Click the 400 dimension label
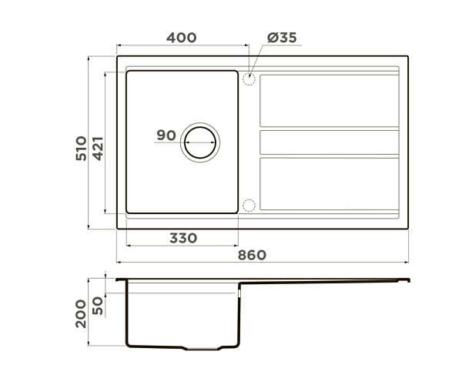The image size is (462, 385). (181, 38)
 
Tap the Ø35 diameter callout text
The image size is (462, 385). (282, 38)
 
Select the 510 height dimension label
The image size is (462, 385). (82, 148)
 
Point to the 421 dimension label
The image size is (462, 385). (98, 148)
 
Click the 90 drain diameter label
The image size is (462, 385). (166, 136)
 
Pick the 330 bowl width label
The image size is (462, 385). (183, 238)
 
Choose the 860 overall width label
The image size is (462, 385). (252, 255)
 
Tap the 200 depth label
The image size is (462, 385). (81, 313)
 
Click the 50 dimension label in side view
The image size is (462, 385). (98, 306)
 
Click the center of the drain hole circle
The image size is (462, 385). (200, 142)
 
